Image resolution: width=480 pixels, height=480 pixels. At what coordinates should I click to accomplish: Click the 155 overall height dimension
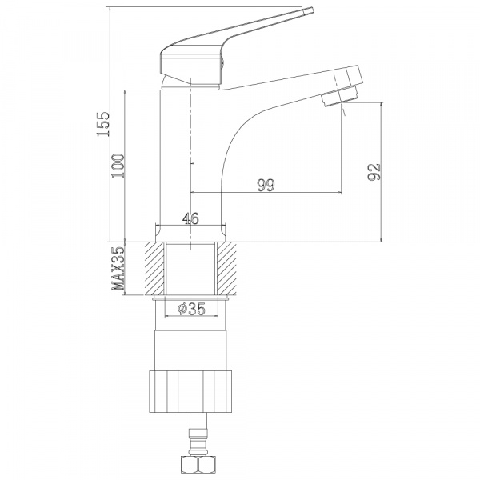103,124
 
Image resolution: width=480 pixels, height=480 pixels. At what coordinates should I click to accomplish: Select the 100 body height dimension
118,166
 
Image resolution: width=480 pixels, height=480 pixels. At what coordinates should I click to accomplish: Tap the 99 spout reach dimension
266,185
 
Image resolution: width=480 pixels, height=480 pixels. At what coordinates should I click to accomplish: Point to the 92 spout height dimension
374,172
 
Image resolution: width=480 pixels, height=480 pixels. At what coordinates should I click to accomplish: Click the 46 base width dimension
190,218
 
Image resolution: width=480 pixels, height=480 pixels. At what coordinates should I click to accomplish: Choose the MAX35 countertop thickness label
118,269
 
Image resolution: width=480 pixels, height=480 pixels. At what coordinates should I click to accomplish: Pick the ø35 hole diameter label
192,309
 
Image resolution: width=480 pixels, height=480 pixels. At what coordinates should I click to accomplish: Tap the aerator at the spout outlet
341,96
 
